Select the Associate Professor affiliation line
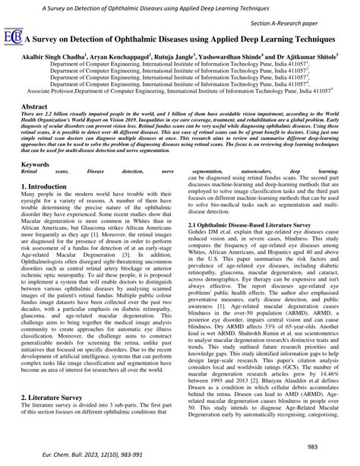(180, 90)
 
